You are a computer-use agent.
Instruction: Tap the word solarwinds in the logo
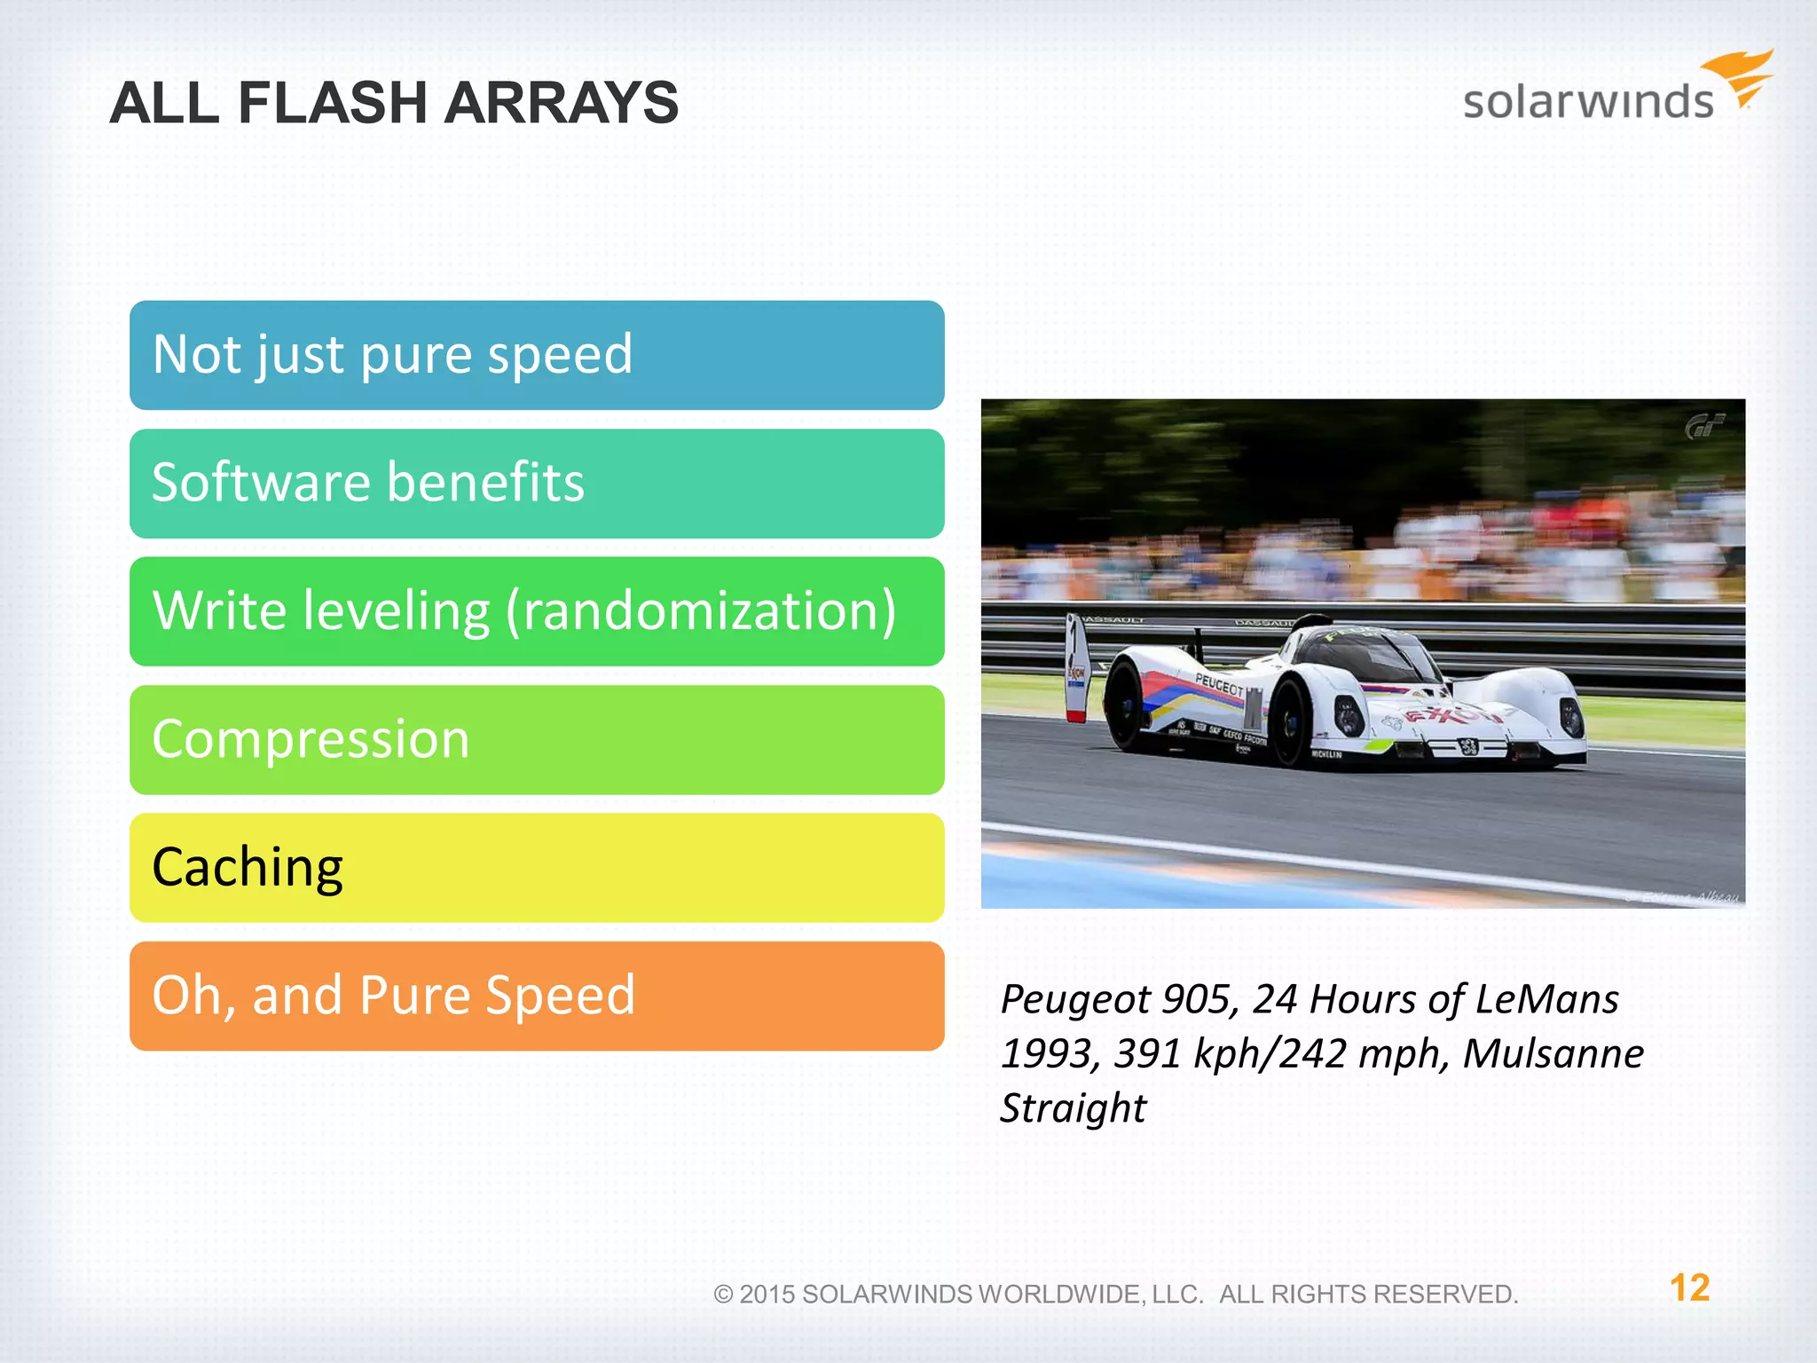click(x=1587, y=101)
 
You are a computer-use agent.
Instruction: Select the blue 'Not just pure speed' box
click(x=536, y=355)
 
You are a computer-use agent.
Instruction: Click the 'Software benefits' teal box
click(x=536, y=484)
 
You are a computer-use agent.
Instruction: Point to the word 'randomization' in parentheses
click(x=701, y=611)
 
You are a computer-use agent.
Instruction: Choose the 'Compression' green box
click(x=536, y=739)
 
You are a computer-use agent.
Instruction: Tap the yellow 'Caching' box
click(x=536, y=868)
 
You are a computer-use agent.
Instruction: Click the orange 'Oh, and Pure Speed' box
click(x=536, y=996)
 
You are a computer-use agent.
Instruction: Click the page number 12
click(x=1689, y=1288)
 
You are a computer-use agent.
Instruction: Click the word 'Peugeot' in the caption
click(x=1074, y=1000)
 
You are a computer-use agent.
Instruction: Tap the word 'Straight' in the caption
click(x=1073, y=1108)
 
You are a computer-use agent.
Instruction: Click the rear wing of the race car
click(x=1076, y=666)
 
